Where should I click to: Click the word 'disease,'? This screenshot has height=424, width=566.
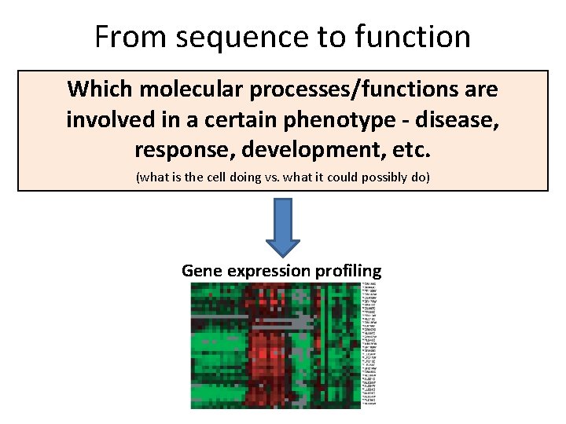pyautogui.click(x=459, y=119)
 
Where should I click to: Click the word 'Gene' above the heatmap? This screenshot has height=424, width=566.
pyautogui.click(x=202, y=271)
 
